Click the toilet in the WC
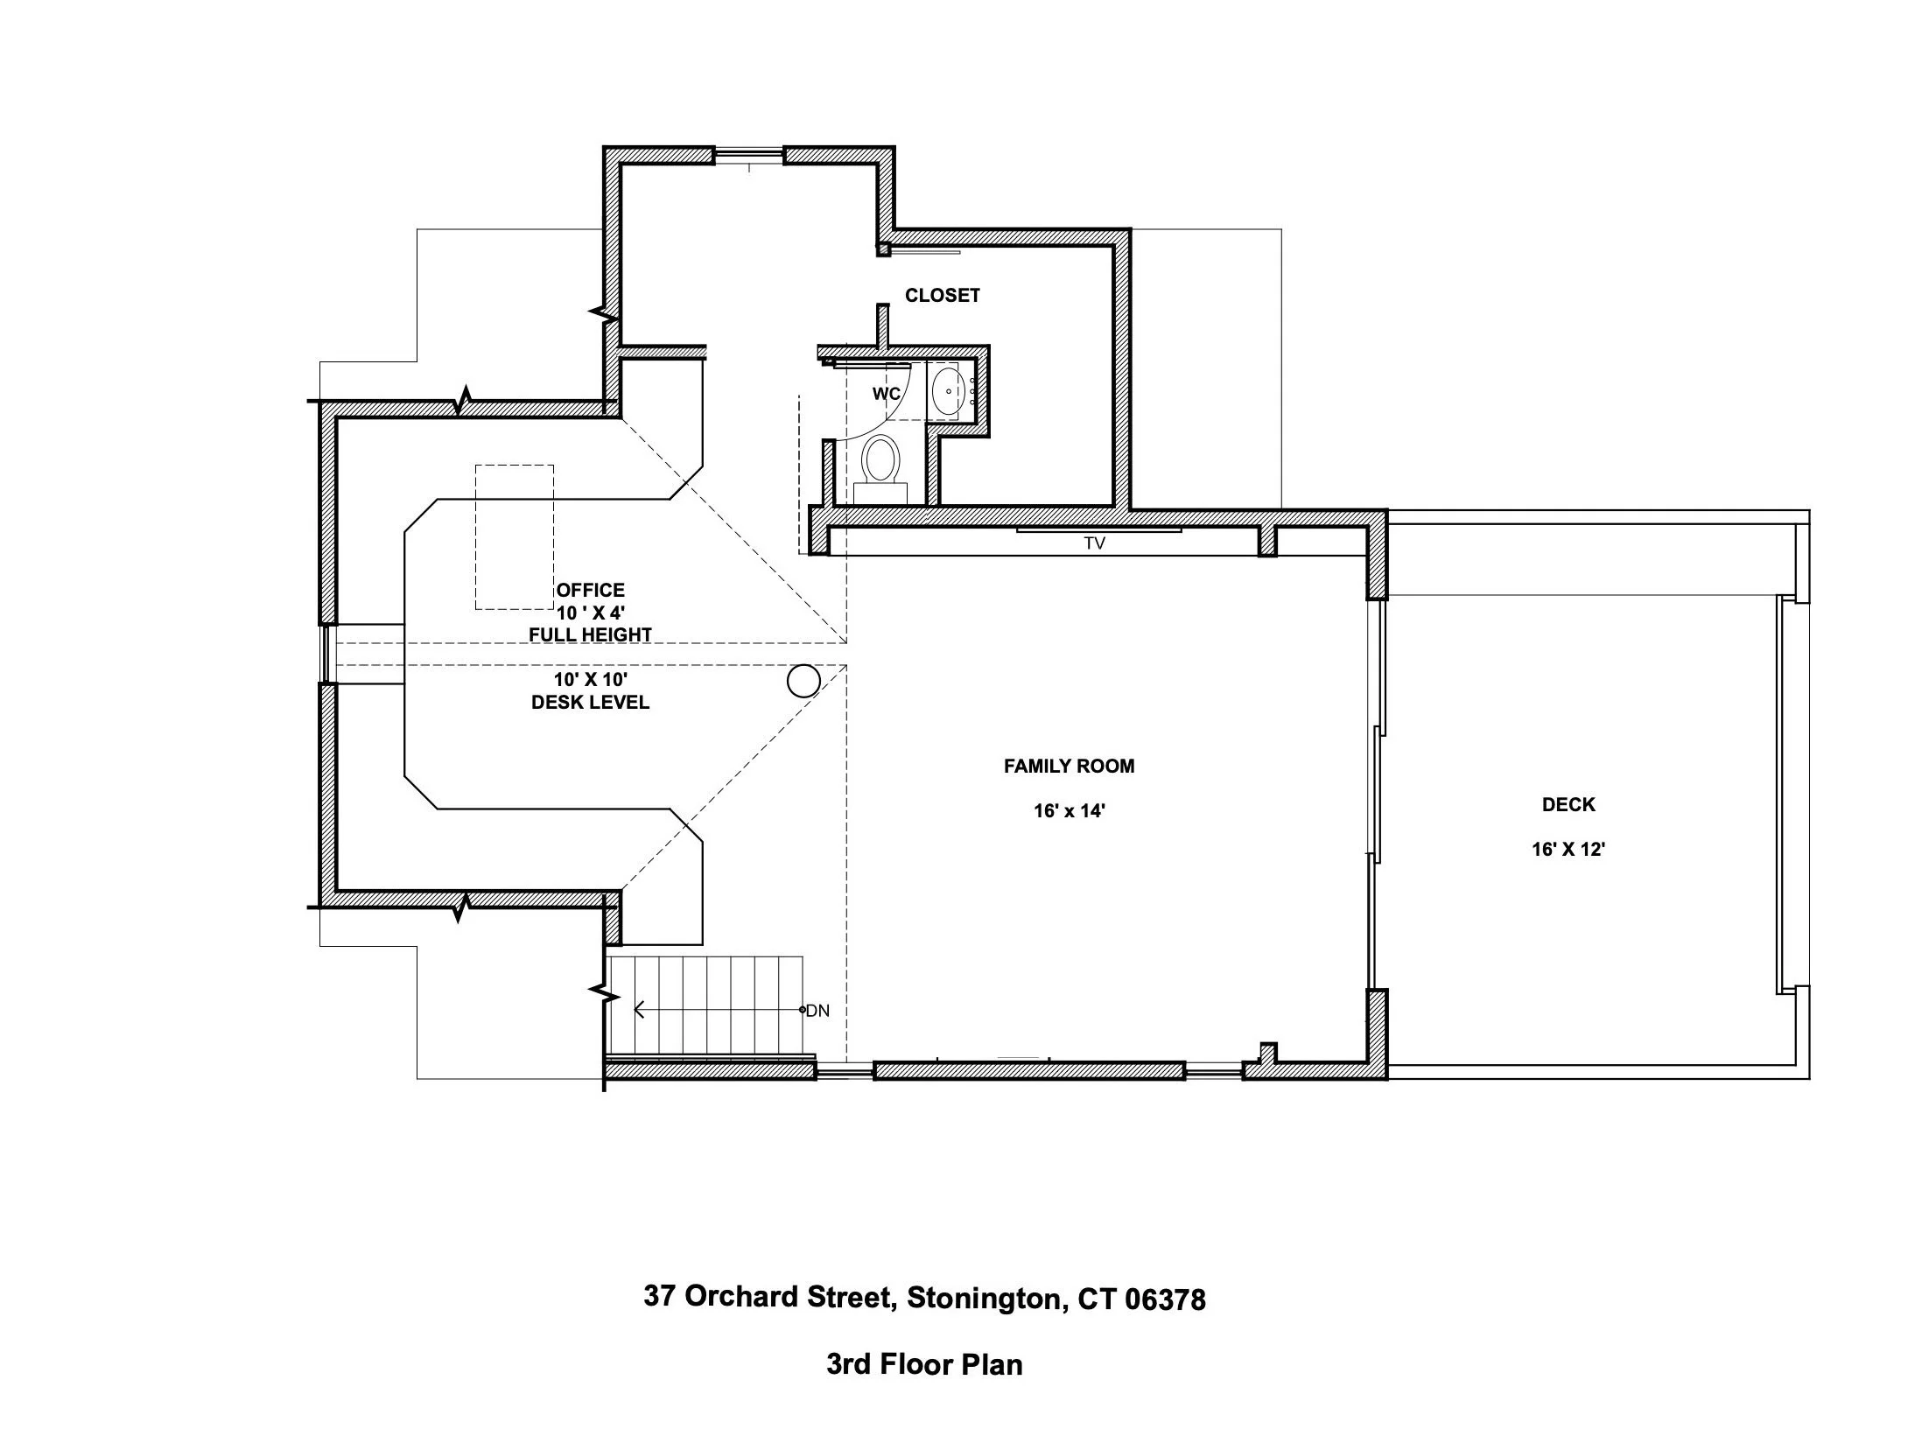880,460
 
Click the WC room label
886,394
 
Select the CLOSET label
942,296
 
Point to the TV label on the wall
1094,543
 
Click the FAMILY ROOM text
1069,767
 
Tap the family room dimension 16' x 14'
1069,811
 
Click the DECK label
1568,804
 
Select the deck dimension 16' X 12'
1568,849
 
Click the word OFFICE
591,591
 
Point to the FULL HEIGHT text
591,635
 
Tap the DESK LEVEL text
591,703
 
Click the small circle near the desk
803,681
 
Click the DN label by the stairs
817,1011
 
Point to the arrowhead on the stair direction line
638,1011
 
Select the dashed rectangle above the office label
515,536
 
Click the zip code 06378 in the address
1164,1299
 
